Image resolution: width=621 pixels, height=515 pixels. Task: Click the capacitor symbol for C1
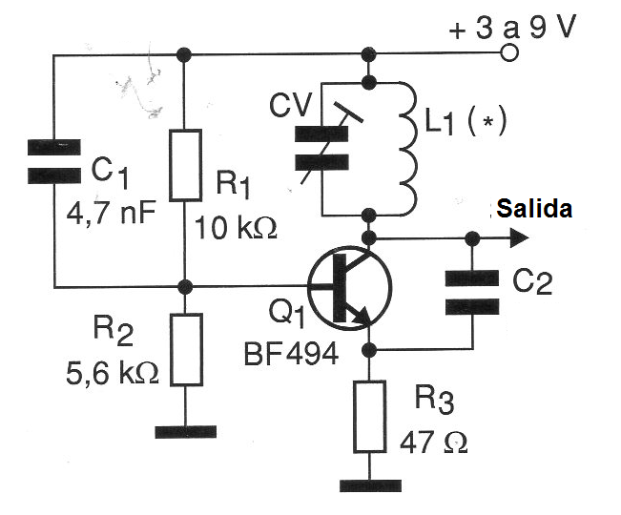53,162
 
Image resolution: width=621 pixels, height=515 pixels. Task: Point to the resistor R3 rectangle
367,417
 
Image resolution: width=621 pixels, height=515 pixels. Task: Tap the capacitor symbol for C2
472,292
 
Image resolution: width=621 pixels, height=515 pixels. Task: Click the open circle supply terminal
509,53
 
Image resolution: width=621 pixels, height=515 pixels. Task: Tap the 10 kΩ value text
236,228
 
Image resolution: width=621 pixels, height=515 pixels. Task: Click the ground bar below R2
185,431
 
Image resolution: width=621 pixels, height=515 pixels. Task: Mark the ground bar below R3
367,485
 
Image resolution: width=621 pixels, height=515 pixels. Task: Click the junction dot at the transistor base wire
185,285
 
